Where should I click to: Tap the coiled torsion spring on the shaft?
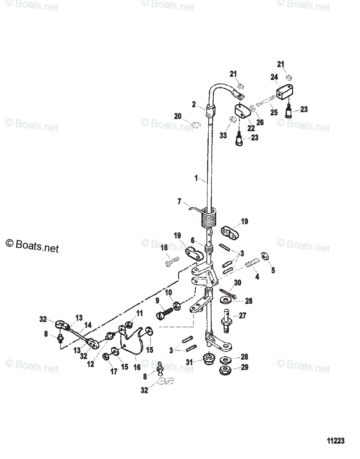(x=209, y=219)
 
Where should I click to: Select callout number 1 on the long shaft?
(x=196, y=178)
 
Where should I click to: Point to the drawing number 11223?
(x=336, y=441)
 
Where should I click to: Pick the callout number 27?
(x=243, y=316)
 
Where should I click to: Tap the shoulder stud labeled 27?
(x=226, y=319)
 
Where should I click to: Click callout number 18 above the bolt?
(x=164, y=248)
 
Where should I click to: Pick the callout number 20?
(x=177, y=116)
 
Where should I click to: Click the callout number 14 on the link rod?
(x=88, y=326)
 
